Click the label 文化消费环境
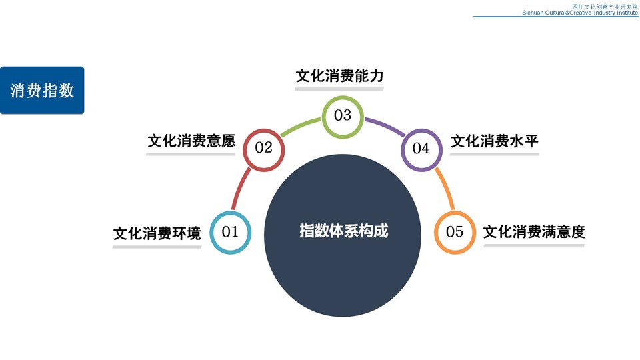click(157, 233)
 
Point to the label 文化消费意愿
click(191, 141)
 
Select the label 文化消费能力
click(339, 76)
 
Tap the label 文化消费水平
click(494, 141)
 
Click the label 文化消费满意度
click(534, 232)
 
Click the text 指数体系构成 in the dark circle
click(344, 231)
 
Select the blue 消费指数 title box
click(42, 90)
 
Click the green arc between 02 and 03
click(300, 127)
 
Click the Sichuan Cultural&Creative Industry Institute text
click(579, 13)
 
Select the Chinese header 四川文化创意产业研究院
click(605, 7)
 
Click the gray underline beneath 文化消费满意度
click(534, 246)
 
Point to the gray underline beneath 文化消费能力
click(339, 89)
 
